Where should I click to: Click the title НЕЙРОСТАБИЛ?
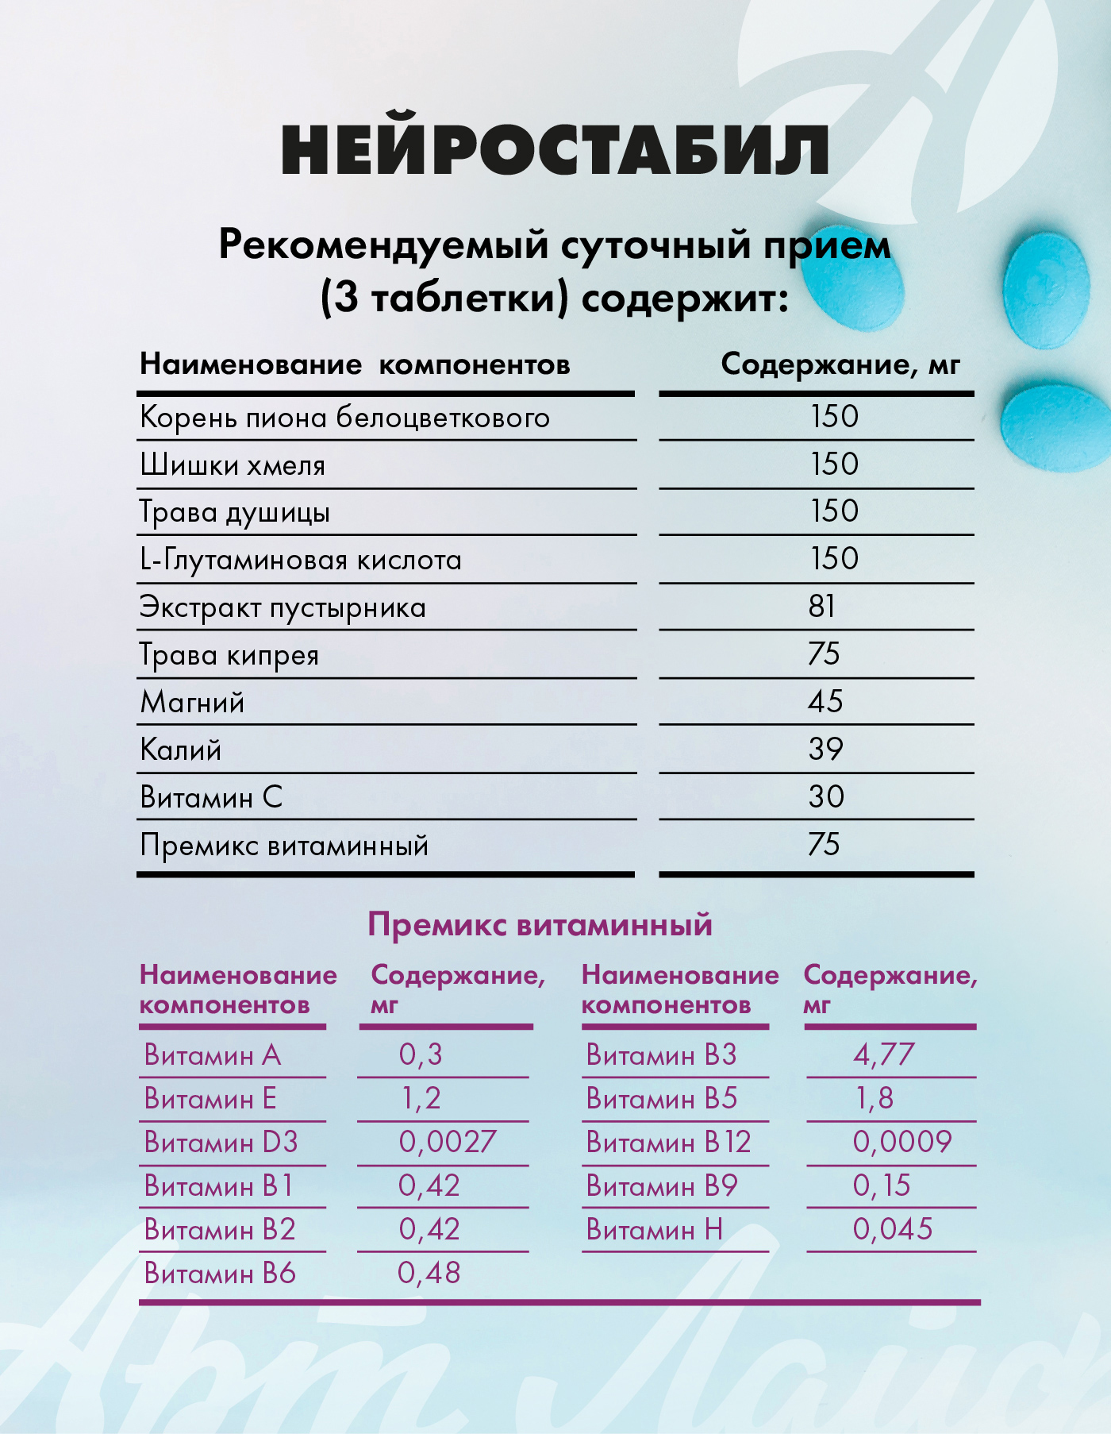click(x=555, y=150)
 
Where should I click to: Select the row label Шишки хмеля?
click(x=233, y=465)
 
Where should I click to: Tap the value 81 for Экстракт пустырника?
click(x=822, y=607)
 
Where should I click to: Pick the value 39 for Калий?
click(x=825, y=749)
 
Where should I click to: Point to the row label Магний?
click(x=192, y=703)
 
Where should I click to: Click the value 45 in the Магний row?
click(x=825, y=701)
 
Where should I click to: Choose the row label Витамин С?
click(x=211, y=797)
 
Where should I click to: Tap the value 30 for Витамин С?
click(x=825, y=796)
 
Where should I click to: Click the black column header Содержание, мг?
click(x=840, y=364)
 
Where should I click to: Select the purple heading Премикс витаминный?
click(x=540, y=925)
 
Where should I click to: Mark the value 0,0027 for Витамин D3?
click(x=447, y=1142)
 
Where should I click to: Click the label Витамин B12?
click(x=668, y=1143)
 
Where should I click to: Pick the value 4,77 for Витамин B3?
click(x=883, y=1054)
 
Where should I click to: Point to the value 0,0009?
click(x=901, y=1142)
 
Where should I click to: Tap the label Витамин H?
click(x=655, y=1230)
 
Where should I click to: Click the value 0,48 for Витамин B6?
click(x=429, y=1273)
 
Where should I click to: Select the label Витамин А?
click(x=213, y=1055)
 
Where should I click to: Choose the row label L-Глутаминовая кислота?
click(x=301, y=560)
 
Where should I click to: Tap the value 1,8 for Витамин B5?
click(x=874, y=1098)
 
